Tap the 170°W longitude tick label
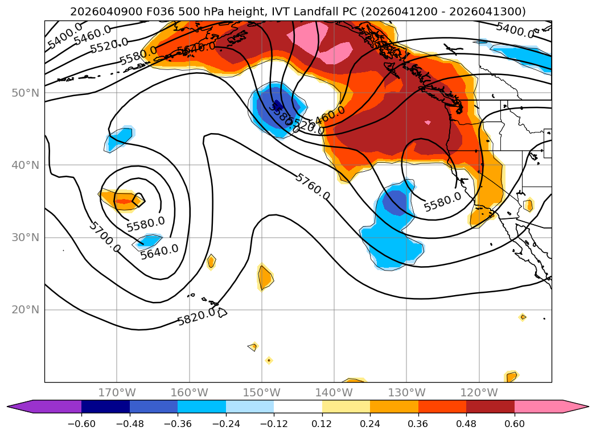point(117,392)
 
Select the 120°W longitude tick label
point(479,392)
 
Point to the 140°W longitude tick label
point(334,392)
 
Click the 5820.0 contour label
point(196,317)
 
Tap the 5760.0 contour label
point(312,187)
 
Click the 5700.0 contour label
point(104,237)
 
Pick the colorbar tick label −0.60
point(81,424)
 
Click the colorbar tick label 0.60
point(515,424)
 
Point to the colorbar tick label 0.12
point(322,424)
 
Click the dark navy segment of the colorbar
point(105,406)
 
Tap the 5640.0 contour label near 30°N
point(159,251)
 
